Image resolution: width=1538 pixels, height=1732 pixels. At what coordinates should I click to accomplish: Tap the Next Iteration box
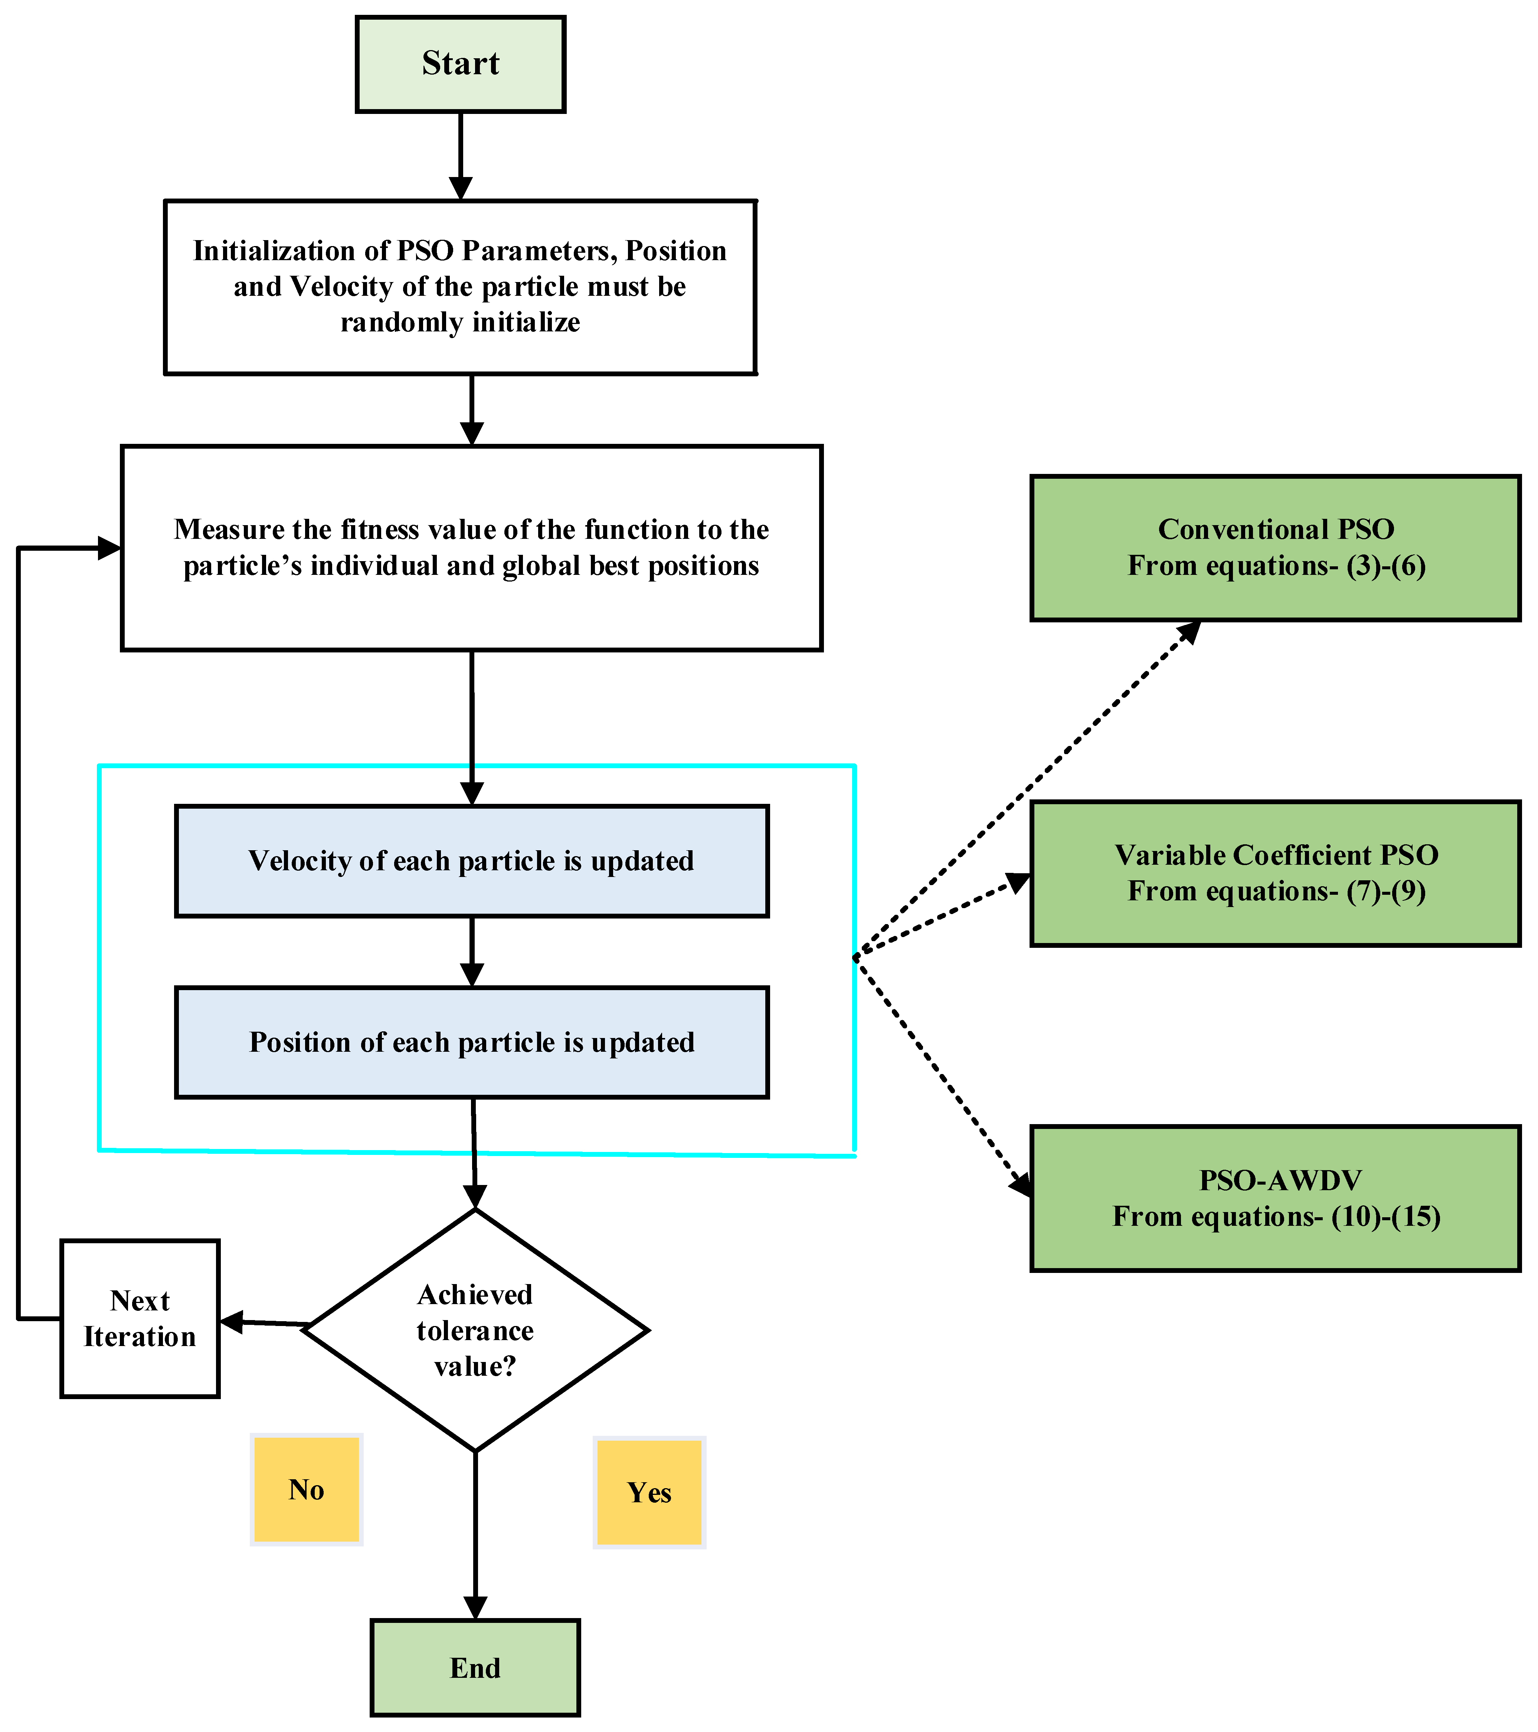coord(140,1319)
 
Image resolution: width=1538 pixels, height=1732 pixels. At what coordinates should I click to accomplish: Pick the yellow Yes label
coord(649,1492)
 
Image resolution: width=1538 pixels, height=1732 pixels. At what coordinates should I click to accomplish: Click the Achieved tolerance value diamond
coord(475,1330)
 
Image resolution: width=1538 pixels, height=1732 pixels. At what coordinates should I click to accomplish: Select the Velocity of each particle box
coord(471,861)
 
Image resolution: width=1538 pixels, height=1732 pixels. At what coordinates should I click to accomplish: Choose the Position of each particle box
coord(471,1042)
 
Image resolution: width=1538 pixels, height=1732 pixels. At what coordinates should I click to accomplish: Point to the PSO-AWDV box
coord(1275,1198)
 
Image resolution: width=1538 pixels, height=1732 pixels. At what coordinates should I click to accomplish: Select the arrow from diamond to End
coord(475,1534)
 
